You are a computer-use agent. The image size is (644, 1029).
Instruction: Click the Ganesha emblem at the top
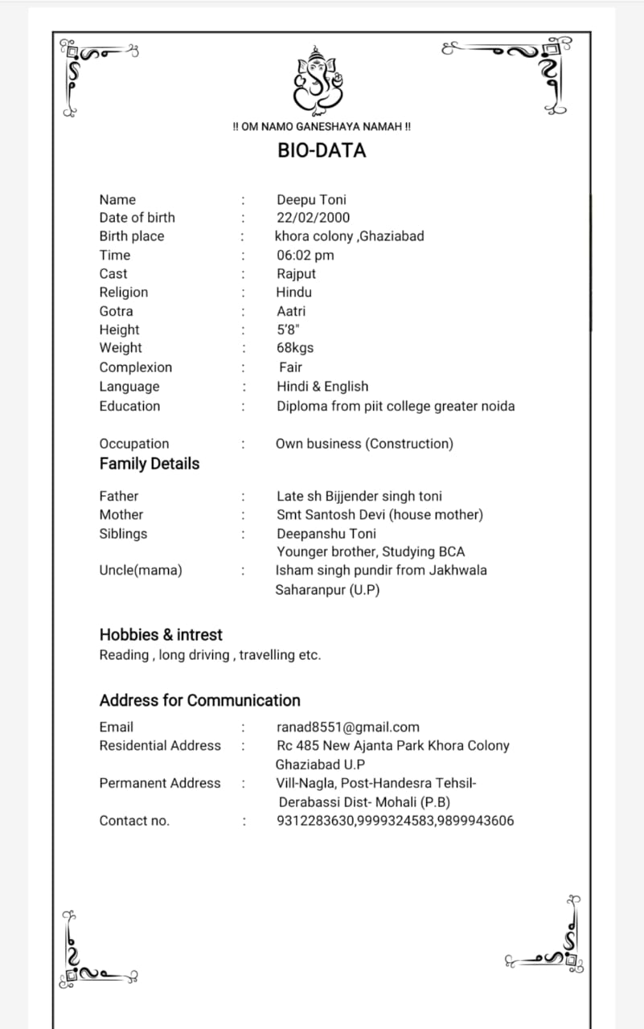tap(320, 78)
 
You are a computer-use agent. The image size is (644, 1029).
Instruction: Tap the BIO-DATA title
tap(322, 150)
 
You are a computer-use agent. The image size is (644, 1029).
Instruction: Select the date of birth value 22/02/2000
tap(313, 217)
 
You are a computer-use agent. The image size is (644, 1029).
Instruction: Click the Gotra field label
tap(116, 311)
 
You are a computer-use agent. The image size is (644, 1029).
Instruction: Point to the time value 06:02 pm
tap(305, 255)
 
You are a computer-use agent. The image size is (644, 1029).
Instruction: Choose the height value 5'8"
tap(288, 330)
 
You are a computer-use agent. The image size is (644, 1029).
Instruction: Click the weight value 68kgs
tap(295, 348)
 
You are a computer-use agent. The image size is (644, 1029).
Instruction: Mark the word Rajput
tap(296, 273)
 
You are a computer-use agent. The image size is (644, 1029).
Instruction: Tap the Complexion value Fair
tap(290, 367)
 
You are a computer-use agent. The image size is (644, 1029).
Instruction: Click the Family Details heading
tap(149, 464)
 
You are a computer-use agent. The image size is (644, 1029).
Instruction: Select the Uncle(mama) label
tap(140, 570)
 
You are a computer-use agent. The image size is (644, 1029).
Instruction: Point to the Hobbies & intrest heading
tap(160, 634)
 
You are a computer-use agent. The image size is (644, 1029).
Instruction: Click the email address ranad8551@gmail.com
tap(347, 727)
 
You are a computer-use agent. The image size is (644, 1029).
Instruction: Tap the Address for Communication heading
tap(199, 700)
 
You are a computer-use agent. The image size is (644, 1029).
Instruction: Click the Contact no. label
tap(134, 821)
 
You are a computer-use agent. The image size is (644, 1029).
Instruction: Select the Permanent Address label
tap(159, 783)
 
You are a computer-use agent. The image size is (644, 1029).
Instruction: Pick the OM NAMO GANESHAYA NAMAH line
tap(322, 127)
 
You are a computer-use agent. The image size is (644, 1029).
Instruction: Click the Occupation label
tap(133, 444)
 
